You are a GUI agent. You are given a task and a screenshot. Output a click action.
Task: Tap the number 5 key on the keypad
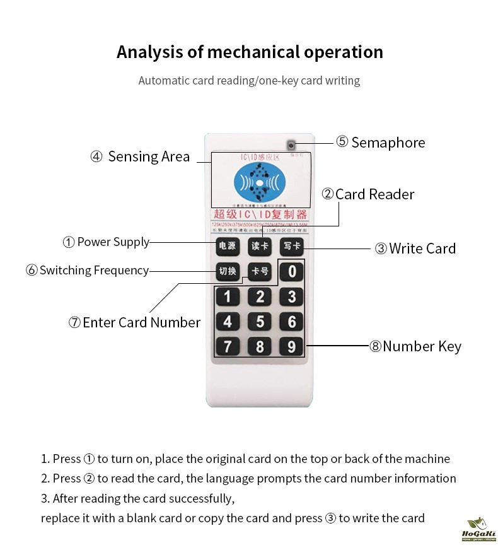pos(260,322)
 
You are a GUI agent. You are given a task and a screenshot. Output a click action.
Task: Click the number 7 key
pos(228,346)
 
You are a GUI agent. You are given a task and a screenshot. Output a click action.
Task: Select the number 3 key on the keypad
pos(291,296)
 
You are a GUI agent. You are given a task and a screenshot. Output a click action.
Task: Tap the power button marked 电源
pos(227,246)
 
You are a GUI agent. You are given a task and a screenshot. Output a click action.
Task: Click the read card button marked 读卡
pos(260,246)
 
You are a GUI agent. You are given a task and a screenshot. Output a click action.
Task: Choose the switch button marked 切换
pos(227,271)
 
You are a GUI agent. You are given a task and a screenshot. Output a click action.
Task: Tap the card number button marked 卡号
pos(260,272)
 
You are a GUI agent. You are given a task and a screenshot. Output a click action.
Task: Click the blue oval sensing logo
pos(260,184)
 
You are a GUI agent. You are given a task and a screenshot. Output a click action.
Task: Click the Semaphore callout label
pos(381,143)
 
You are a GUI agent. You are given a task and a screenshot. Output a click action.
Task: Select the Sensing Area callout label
pos(140,156)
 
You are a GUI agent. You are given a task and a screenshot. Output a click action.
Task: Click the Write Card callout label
pos(415,249)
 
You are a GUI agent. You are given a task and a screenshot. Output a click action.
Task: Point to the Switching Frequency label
pos(88,271)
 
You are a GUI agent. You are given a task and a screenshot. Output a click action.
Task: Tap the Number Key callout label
pos(415,346)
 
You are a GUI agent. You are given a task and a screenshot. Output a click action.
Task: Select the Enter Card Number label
pos(134,322)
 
